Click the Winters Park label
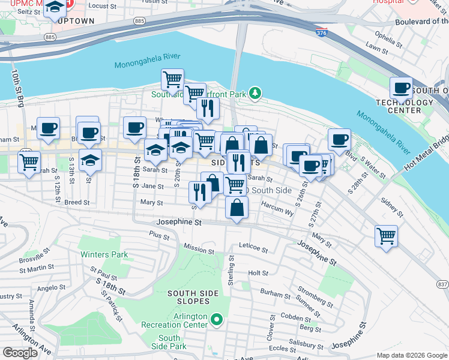104,254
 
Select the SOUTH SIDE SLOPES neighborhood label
191,298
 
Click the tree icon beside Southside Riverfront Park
256,93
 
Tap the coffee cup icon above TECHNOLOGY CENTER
402,88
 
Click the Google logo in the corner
20,353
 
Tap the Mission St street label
199,248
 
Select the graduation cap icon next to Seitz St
55,7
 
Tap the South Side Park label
169,343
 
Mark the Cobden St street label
295,317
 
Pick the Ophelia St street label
388,38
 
